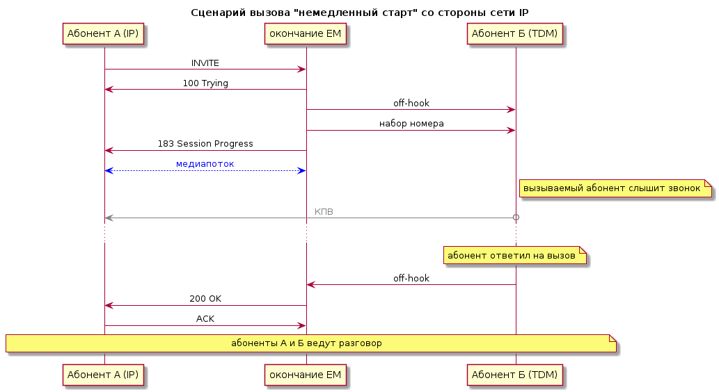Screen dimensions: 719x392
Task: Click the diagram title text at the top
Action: click(x=359, y=13)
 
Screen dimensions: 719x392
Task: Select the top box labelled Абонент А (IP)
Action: click(x=103, y=34)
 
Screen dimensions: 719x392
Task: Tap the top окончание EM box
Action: click(x=306, y=34)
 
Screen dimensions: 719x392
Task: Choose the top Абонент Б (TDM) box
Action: click(x=514, y=34)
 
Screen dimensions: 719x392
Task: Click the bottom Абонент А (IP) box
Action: click(x=103, y=375)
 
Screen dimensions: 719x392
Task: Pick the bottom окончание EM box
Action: click(x=306, y=375)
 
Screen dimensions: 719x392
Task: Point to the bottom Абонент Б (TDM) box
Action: click(x=514, y=375)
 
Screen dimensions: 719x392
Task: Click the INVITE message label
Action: click(x=205, y=63)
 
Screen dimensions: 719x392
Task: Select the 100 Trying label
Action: click(x=205, y=83)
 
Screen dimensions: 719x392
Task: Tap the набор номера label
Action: click(x=411, y=124)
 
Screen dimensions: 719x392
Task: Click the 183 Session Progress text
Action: click(x=205, y=144)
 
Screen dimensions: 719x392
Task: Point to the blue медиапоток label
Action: click(x=205, y=164)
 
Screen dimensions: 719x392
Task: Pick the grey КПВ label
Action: click(x=324, y=212)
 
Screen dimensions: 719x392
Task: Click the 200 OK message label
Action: click(x=205, y=299)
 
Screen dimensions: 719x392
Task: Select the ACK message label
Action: click(x=205, y=319)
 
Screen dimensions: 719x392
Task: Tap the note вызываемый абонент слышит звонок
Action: click(x=615, y=188)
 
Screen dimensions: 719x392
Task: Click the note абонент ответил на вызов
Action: click(x=515, y=256)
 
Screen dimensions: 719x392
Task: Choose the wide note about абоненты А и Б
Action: click(x=310, y=343)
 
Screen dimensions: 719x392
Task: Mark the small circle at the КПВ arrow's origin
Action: click(x=516, y=218)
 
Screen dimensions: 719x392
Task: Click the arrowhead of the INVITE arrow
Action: click(x=301, y=70)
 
